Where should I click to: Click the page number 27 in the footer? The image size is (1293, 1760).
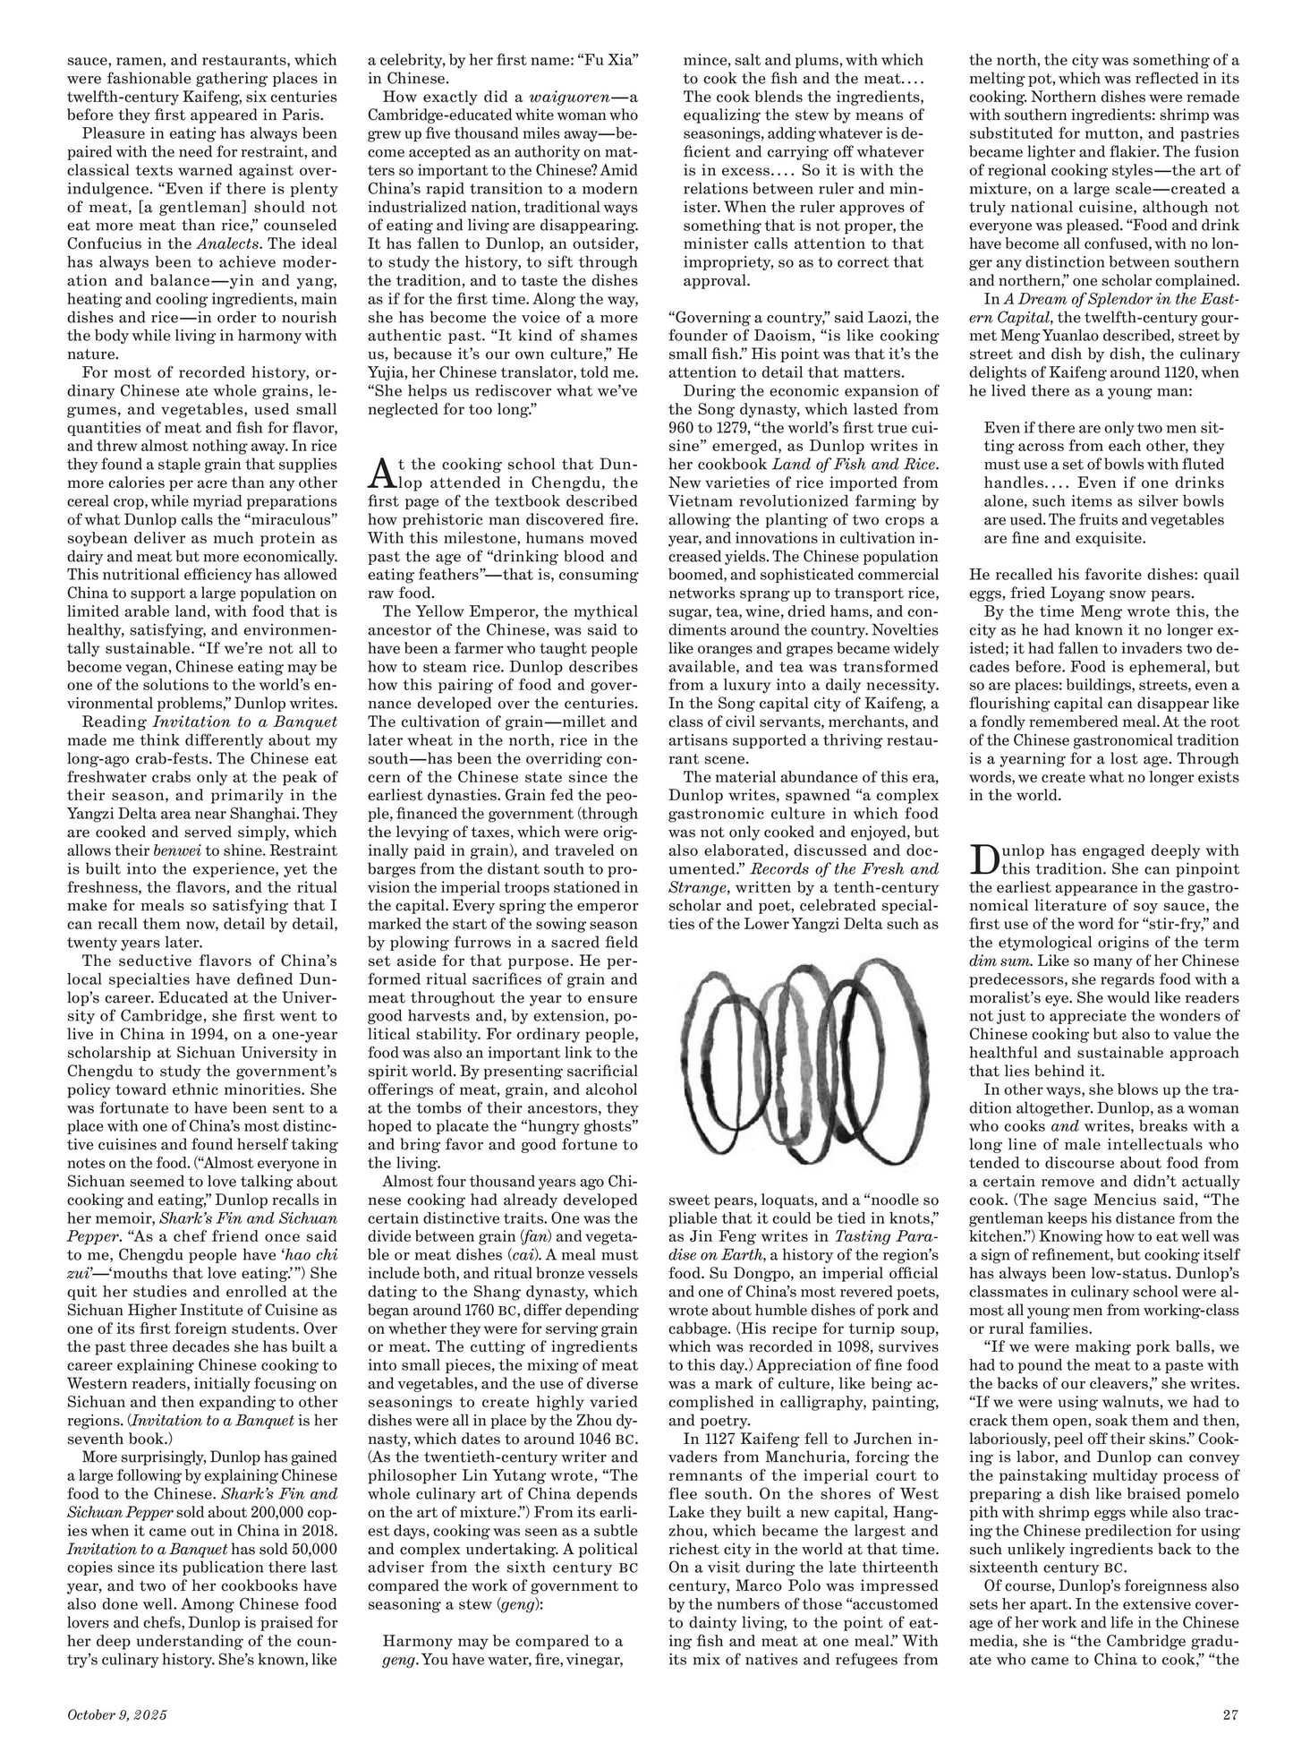tap(1229, 1715)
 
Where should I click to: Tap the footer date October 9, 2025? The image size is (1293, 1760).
tap(117, 1715)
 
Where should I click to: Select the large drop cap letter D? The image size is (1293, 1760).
tap(983, 860)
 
